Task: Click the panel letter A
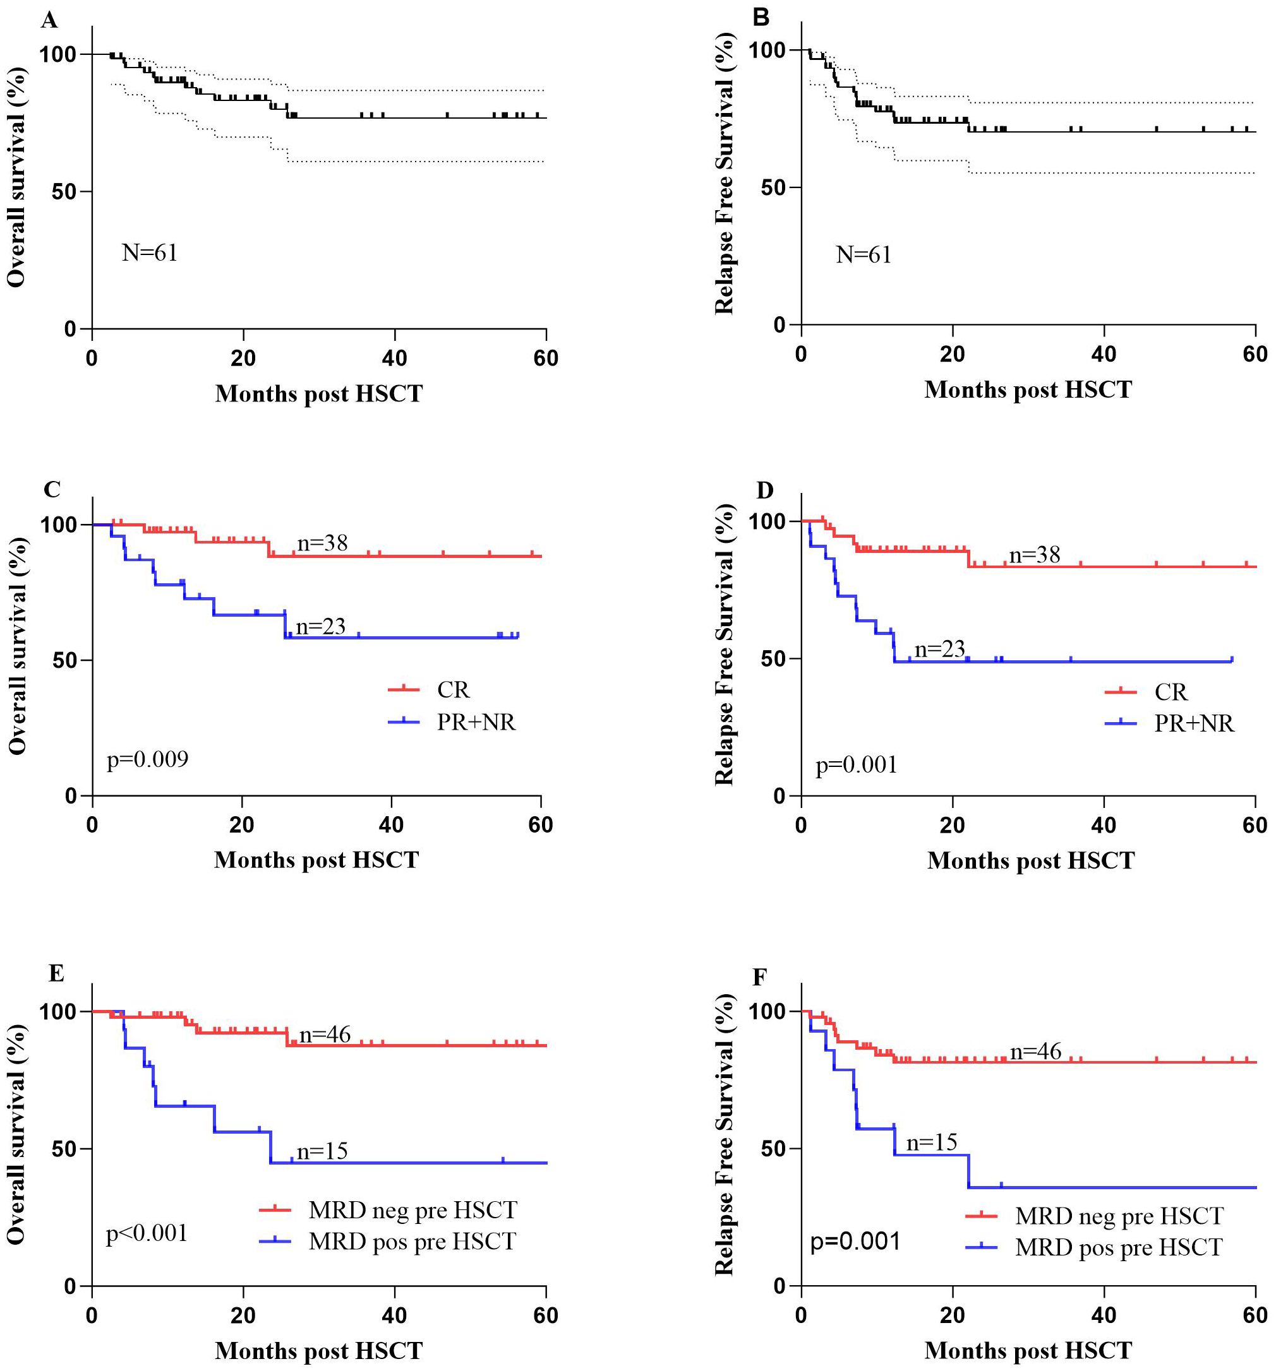49,21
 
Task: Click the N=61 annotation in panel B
864,255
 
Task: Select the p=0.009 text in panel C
148,759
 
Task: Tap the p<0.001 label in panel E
147,1232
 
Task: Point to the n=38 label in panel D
1034,554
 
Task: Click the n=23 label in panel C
320,626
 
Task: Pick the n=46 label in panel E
324,1035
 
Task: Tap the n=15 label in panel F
932,1142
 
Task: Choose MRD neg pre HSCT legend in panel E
412,1209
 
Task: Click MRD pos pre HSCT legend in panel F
1119,1247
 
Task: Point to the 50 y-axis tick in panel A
64,191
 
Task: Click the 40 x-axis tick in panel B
1104,355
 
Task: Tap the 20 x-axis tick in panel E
243,1315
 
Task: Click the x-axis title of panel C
316,859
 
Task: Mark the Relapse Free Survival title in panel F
724,1134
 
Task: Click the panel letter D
764,490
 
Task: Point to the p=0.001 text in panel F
856,1242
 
